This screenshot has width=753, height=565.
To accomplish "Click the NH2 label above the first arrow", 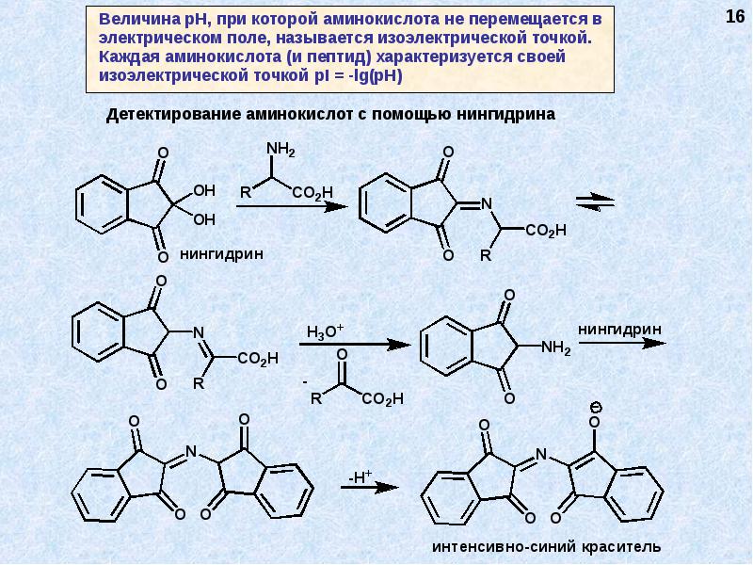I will (x=280, y=150).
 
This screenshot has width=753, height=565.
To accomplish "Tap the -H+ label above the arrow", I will (x=361, y=476).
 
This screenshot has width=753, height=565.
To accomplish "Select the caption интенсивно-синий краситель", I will (x=546, y=547).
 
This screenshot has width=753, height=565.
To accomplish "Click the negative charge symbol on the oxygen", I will (x=596, y=407).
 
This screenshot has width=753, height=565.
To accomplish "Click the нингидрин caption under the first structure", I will (x=220, y=253).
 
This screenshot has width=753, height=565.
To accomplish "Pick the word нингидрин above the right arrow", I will (x=619, y=329).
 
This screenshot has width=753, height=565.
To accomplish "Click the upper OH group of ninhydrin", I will (x=204, y=192).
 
